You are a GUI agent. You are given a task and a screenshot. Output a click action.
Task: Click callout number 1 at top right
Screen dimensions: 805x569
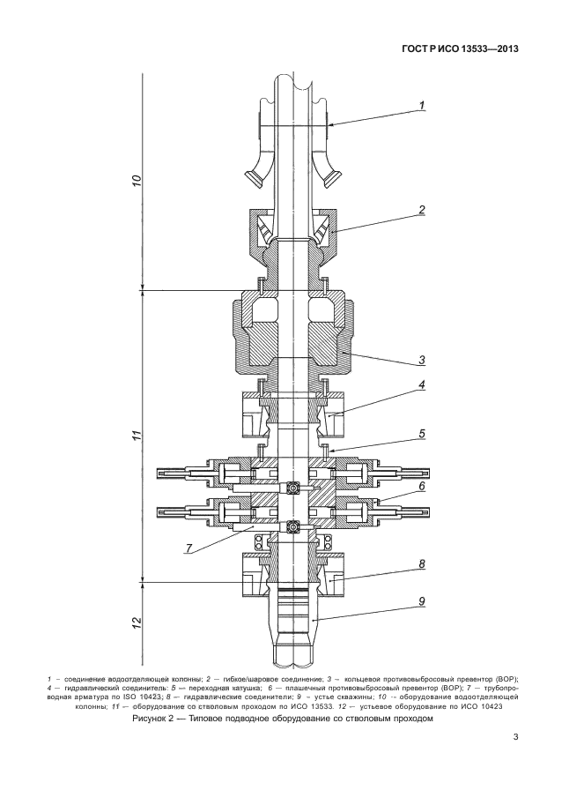(x=423, y=106)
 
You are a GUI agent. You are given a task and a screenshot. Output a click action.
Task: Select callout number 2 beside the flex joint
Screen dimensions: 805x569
(x=423, y=210)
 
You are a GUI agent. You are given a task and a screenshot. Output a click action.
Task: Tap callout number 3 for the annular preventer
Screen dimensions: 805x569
(x=423, y=360)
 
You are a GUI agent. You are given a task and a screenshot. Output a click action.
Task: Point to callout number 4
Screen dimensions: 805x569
(x=423, y=384)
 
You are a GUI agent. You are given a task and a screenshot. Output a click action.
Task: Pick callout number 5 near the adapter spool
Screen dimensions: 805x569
(x=423, y=435)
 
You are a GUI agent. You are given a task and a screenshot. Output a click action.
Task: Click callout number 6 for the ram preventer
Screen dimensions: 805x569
(x=423, y=486)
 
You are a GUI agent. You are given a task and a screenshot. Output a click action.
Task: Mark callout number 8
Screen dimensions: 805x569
(x=423, y=563)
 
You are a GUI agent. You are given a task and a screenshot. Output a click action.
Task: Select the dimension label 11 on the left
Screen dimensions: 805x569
(x=136, y=436)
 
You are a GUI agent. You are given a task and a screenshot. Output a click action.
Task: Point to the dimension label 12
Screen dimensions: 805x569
(x=136, y=622)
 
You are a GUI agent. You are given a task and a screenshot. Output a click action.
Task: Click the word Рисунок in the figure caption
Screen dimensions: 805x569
(x=153, y=719)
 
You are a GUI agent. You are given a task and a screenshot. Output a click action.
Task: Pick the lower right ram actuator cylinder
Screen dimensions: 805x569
(x=402, y=512)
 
